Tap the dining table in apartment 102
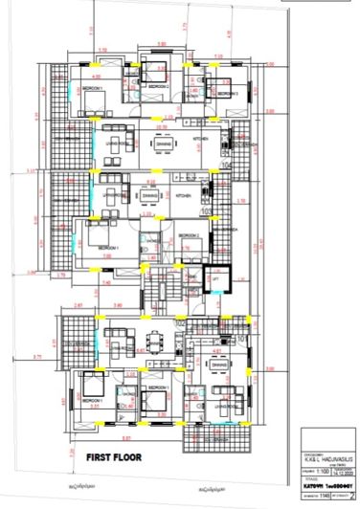tap(152, 340)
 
